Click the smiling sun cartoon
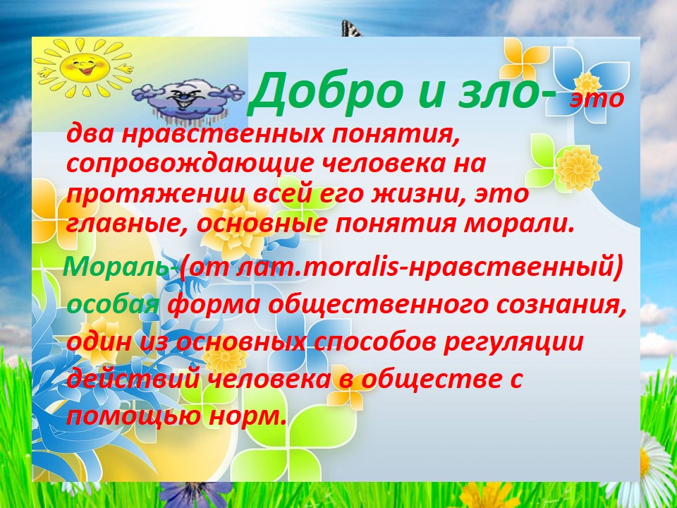pyautogui.click(x=84, y=66)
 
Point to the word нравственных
pyautogui.click(x=222, y=134)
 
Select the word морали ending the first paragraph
pyautogui.click(x=519, y=224)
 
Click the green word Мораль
pyautogui.click(x=116, y=268)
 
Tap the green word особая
pyautogui.click(x=113, y=306)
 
